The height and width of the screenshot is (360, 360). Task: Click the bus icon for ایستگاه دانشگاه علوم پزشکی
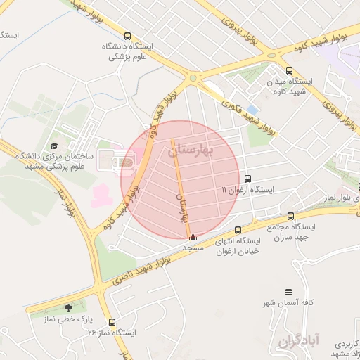pos(127,37)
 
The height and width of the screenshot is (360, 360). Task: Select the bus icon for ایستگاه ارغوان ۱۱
pos(247,179)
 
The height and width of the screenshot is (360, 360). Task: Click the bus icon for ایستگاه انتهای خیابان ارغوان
pos(237,230)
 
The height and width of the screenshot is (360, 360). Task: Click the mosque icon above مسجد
pos(193,237)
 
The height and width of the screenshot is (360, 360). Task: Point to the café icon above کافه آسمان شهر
pos(288,292)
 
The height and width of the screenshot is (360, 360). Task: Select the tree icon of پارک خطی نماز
pos(68,308)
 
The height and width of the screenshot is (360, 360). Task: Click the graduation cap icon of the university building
pos(54,146)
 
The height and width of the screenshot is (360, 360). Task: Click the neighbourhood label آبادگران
pos(299,341)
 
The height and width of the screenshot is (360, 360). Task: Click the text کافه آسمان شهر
pos(288,302)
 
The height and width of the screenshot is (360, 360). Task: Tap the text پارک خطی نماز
pos(69,319)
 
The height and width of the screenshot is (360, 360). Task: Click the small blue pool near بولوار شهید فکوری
pos(252,109)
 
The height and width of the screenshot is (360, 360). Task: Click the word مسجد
pos(193,248)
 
